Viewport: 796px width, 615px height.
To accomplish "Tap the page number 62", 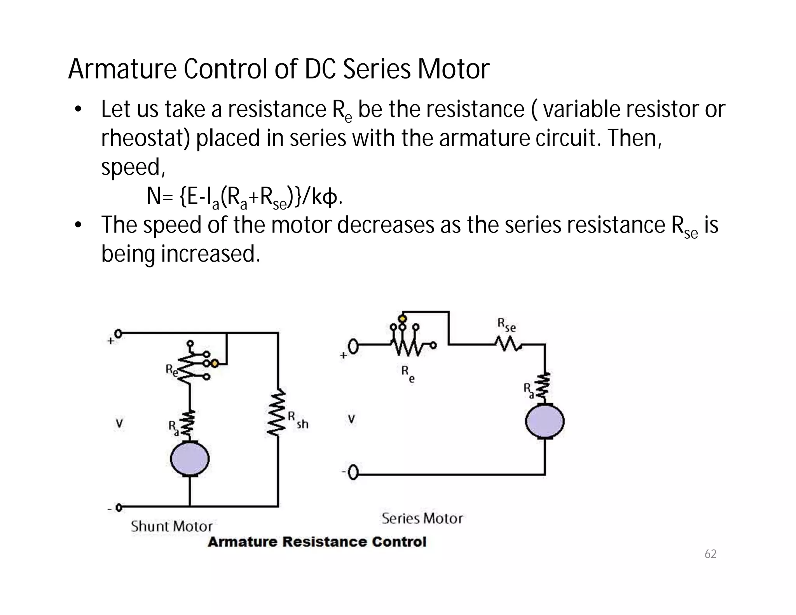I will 710,554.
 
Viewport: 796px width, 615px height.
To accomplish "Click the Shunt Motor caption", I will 171,526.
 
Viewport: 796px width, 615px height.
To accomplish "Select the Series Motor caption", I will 422,519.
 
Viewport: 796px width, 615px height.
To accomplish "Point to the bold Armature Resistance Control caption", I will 317,542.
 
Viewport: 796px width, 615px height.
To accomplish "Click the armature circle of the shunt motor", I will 190,459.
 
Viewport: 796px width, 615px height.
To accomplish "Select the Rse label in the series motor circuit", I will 506,325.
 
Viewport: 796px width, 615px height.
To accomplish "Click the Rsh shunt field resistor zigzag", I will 278,412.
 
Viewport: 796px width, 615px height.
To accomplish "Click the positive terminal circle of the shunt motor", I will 118,334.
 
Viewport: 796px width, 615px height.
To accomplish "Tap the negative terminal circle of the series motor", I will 353,473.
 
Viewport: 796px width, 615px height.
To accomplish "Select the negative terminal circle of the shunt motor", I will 119,507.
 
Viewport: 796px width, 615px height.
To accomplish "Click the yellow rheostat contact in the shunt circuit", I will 215,363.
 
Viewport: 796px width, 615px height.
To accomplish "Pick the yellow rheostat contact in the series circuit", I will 403,319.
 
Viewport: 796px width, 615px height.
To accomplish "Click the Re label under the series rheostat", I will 408,374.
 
